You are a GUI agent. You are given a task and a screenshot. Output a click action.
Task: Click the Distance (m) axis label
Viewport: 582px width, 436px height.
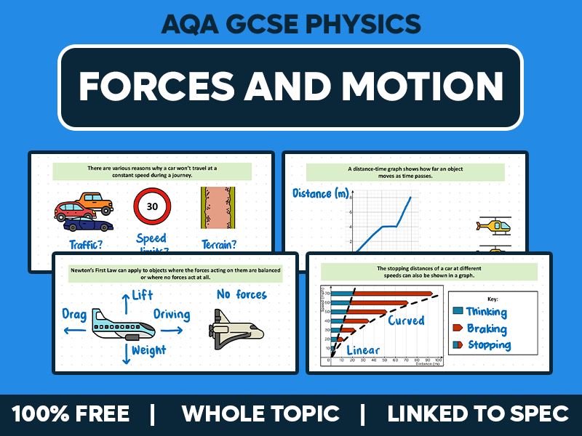tap(321, 193)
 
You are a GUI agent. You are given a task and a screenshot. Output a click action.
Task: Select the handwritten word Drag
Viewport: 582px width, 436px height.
tap(75, 315)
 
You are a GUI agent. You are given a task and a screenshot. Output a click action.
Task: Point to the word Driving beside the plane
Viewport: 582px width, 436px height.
tap(171, 315)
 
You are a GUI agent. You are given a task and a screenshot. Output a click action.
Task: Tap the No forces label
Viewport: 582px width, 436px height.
tap(242, 294)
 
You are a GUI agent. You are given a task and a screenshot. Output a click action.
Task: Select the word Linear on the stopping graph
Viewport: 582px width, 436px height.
tap(364, 350)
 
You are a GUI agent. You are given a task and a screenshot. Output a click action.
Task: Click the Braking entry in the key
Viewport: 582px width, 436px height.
tap(487, 328)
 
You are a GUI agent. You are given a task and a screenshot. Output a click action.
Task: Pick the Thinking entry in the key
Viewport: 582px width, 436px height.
tap(486, 312)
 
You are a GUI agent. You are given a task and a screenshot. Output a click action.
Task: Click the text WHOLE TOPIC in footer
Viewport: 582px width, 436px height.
tap(260, 414)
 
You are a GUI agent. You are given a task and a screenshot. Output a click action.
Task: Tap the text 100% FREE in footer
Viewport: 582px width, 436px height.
tap(71, 414)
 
